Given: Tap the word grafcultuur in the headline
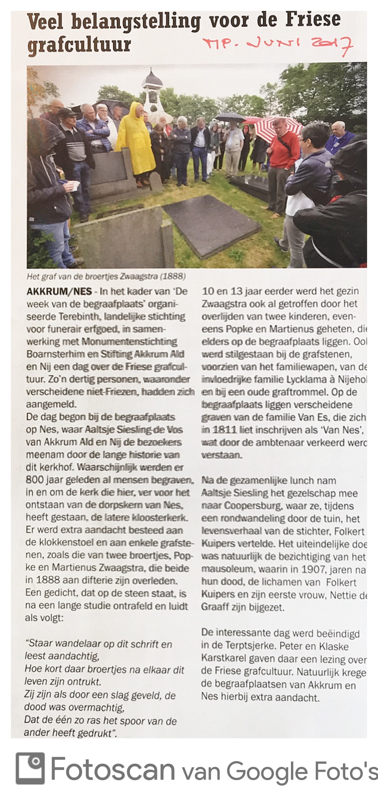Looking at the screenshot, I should point(79,45).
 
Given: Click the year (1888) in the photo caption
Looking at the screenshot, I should point(173,276).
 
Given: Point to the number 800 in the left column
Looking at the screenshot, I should point(35,480).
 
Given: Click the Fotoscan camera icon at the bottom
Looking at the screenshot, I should point(30,768).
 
